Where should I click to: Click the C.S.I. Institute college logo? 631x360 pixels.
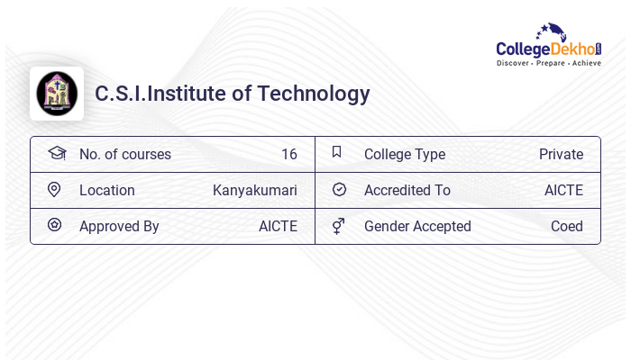(57, 93)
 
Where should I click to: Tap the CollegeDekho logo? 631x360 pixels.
(548, 45)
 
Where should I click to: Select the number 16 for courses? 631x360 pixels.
(288, 155)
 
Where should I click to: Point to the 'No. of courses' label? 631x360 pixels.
(124, 155)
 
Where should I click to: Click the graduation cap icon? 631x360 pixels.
(56, 153)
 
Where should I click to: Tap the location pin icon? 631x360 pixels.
(54, 190)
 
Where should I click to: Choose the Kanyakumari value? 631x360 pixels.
(254, 191)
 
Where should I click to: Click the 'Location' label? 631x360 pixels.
(106, 191)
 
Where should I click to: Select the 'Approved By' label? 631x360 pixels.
(119, 227)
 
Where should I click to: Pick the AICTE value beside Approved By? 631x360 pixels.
(278, 227)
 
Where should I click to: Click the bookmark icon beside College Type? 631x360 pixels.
(337, 152)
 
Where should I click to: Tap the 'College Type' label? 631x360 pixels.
(404, 155)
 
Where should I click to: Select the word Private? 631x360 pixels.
(561, 155)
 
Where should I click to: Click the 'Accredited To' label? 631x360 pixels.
(407, 191)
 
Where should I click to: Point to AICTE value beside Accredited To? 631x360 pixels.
(563, 191)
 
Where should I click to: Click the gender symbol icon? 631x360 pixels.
(338, 226)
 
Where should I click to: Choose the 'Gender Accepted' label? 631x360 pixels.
(417, 227)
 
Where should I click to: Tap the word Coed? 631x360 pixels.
(566, 227)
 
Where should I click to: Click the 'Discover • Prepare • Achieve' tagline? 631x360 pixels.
(548, 63)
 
